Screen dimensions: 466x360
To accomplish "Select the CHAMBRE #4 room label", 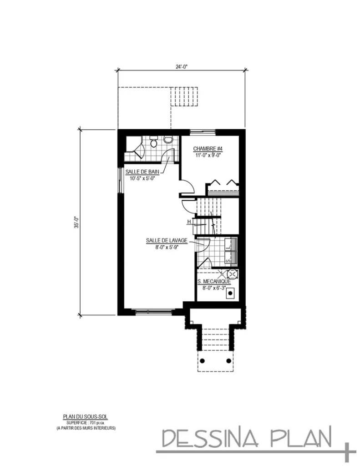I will [x=207, y=149].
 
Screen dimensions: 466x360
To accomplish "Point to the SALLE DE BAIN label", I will [x=142, y=172].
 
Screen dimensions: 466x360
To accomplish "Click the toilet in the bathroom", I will [x=154, y=142].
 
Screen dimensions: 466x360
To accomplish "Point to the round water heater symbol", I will [x=232, y=274].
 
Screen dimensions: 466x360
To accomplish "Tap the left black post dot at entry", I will [x=203, y=360].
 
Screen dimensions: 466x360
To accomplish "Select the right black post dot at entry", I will [x=228, y=360].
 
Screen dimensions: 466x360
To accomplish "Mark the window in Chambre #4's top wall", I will [x=203, y=132].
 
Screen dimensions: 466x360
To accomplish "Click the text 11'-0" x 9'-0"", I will [x=207, y=155].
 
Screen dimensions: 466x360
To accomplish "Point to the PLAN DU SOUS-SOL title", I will [x=85, y=416].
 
